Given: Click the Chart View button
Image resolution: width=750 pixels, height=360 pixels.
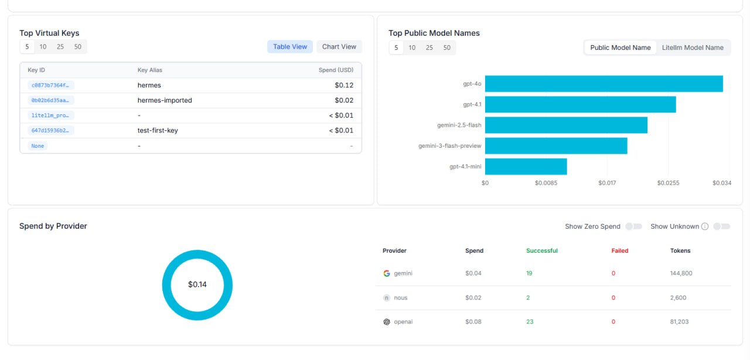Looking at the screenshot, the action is (339, 46).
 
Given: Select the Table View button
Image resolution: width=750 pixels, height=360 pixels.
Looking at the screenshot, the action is (290, 46).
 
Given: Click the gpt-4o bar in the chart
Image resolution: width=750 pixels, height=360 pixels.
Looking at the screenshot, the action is (604, 84).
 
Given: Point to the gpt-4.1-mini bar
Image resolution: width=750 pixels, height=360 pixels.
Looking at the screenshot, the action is (526, 167).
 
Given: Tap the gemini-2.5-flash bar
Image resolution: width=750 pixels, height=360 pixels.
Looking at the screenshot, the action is (566, 125).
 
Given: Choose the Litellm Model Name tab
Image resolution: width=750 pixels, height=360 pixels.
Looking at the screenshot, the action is (693, 47).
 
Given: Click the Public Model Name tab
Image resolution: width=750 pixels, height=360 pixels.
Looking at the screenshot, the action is (620, 47).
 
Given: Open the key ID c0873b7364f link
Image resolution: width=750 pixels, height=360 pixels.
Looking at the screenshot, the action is (50, 85).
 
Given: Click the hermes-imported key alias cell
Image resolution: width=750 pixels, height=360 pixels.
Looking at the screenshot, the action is (165, 100).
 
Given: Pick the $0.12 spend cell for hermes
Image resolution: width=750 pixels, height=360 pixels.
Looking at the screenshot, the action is (344, 85).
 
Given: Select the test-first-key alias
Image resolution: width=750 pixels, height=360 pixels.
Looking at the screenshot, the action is (158, 130).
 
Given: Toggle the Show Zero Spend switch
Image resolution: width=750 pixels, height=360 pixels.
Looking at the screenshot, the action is (633, 226).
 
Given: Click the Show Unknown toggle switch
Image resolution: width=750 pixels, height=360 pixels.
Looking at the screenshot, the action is (721, 226).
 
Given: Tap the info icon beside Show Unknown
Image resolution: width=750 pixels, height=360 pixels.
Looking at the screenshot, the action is (705, 226).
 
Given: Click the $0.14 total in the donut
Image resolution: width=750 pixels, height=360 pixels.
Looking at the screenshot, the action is (197, 284).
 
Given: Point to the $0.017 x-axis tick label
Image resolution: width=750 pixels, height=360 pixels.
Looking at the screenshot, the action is (607, 183).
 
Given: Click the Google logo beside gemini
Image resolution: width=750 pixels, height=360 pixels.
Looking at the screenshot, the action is (387, 273).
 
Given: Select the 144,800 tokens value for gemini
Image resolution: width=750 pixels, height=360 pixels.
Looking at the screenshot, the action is (681, 273).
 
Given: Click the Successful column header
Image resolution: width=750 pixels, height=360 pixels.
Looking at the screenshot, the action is (542, 251).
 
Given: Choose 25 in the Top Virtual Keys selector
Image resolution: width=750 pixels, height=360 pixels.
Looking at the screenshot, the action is (60, 46).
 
